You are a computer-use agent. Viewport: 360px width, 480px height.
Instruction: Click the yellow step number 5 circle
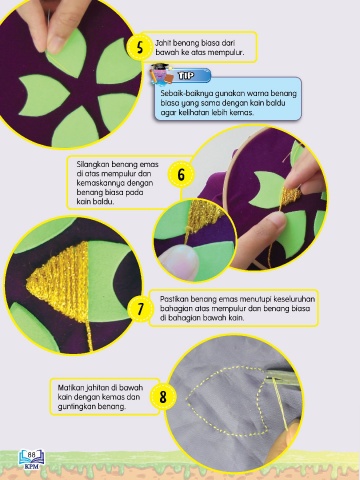tap(140, 47)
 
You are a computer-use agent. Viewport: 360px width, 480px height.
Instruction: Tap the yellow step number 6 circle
tap(181, 175)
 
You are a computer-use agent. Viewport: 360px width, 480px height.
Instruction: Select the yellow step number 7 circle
tap(140, 309)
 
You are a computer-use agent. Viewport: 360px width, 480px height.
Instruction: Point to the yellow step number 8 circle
tap(162, 397)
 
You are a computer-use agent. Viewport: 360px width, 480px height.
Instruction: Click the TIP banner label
tap(186, 76)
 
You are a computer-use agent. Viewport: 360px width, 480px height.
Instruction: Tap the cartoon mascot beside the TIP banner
tap(161, 75)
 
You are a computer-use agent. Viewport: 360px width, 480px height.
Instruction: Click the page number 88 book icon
tap(31, 459)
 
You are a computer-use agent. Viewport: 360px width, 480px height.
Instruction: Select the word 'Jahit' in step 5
tap(163, 43)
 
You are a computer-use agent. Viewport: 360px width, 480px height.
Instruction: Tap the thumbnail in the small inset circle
tap(179, 262)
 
